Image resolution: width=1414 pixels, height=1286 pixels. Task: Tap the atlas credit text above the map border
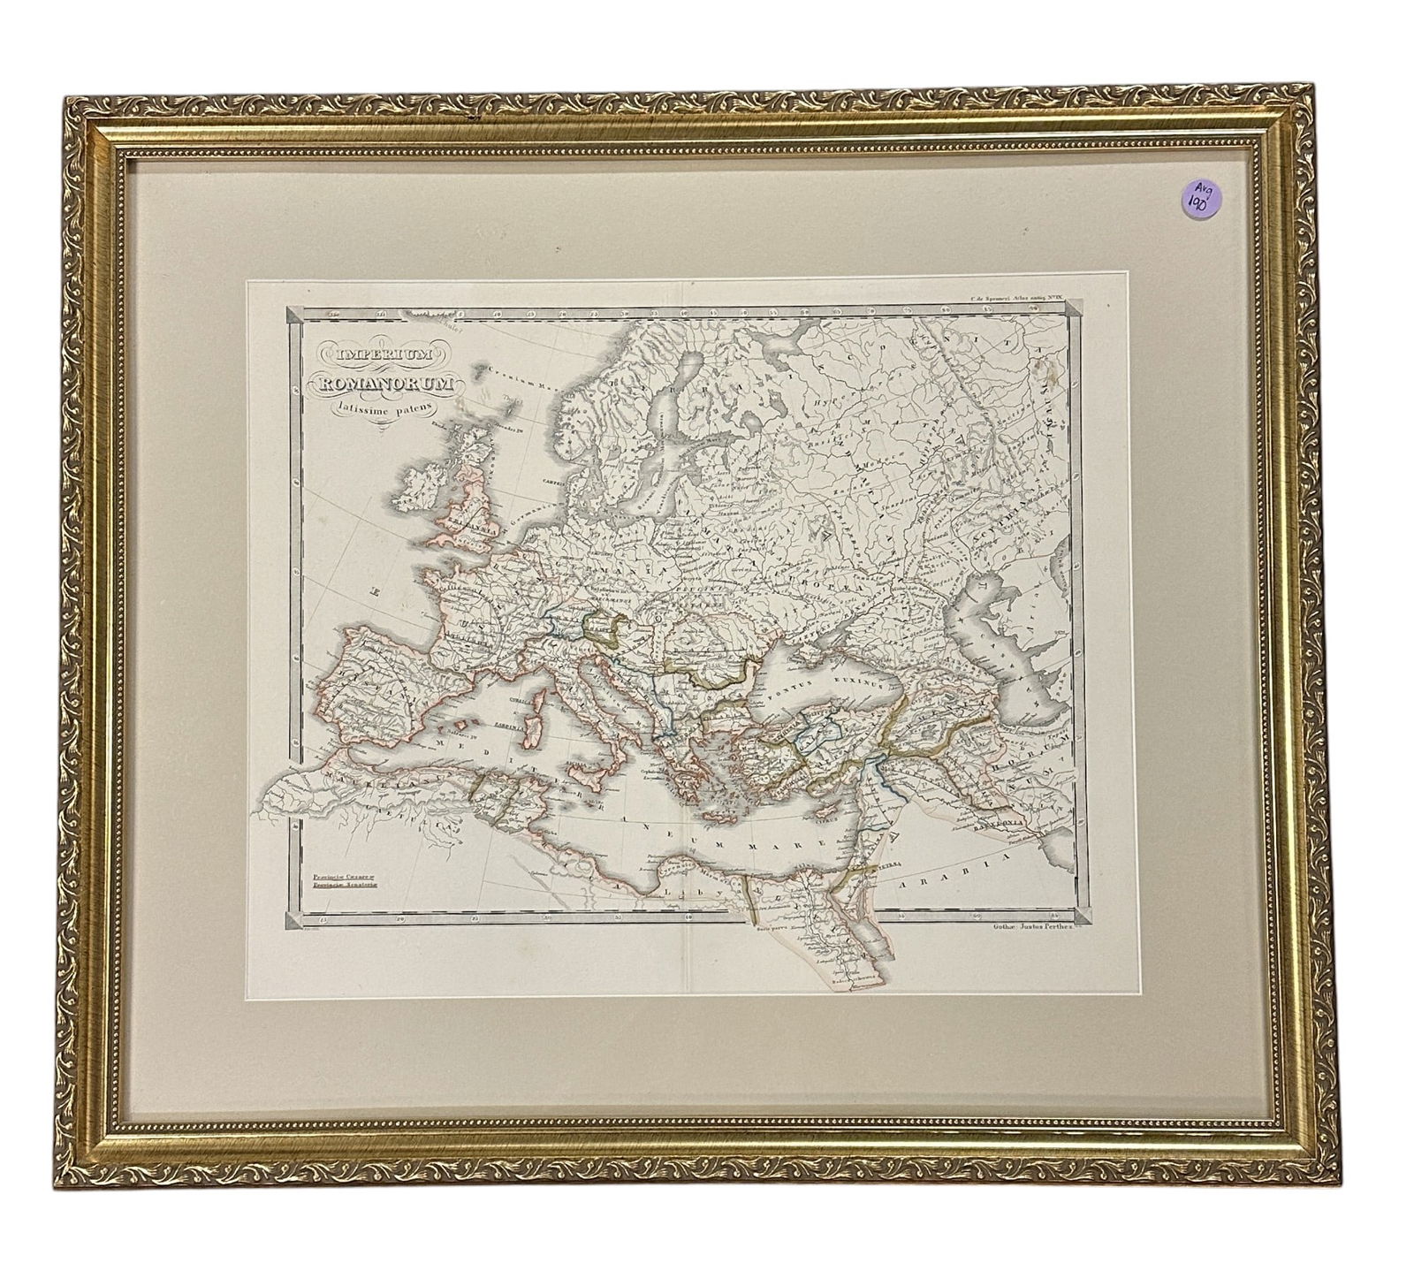pos(1020,303)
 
